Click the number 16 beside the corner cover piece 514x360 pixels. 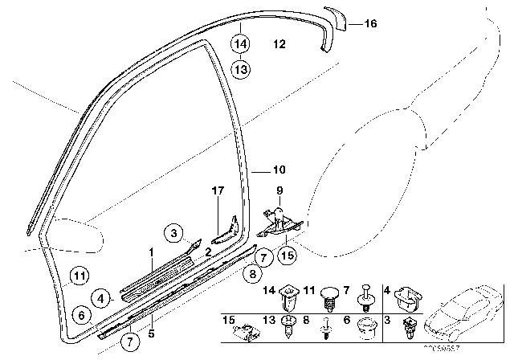pos(369,23)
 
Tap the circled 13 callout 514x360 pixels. pos(241,69)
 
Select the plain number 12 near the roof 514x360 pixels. pos(278,45)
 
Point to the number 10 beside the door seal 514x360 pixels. pos(279,170)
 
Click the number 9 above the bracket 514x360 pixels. pos(280,190)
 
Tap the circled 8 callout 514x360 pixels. pos(253,273)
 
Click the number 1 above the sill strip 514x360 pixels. pos(149,252)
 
